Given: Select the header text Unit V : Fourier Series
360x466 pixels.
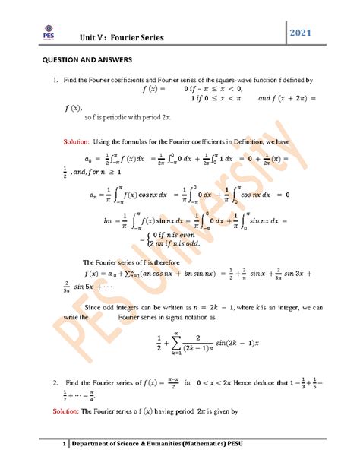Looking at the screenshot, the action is (x=128, y=37).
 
